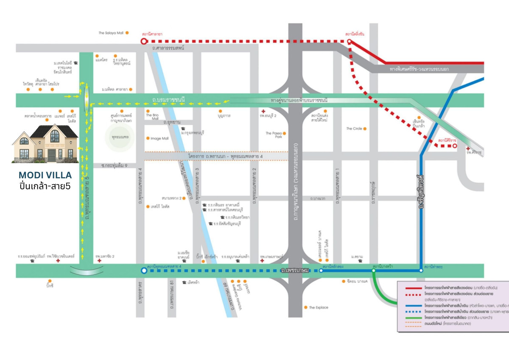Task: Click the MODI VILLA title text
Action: click(45, 175)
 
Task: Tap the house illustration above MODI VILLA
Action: click(45, 143)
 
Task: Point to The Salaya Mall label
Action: click(111, 33)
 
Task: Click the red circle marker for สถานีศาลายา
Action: click(143, 42)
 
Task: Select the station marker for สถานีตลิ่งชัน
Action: click(349, 42)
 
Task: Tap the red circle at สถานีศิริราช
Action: click(455, 146)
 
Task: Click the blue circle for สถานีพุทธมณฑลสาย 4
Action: click(143, 270)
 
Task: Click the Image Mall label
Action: click(159, 138)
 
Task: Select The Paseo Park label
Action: click(274, 135)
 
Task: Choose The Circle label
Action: click(354, 128)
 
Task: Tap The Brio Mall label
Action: click(152, 117)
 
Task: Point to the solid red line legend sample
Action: click(410, 288)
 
